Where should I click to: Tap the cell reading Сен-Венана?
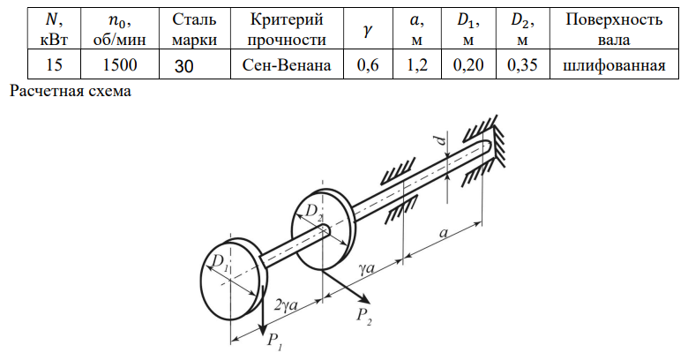click(x=279, y=65)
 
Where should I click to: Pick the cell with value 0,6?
click(x=367, y=65)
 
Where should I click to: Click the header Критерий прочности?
click(x=279, y=29)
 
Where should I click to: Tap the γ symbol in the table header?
click(x=366, y=30)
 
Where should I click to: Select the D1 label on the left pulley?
click(x=220, y=262)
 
